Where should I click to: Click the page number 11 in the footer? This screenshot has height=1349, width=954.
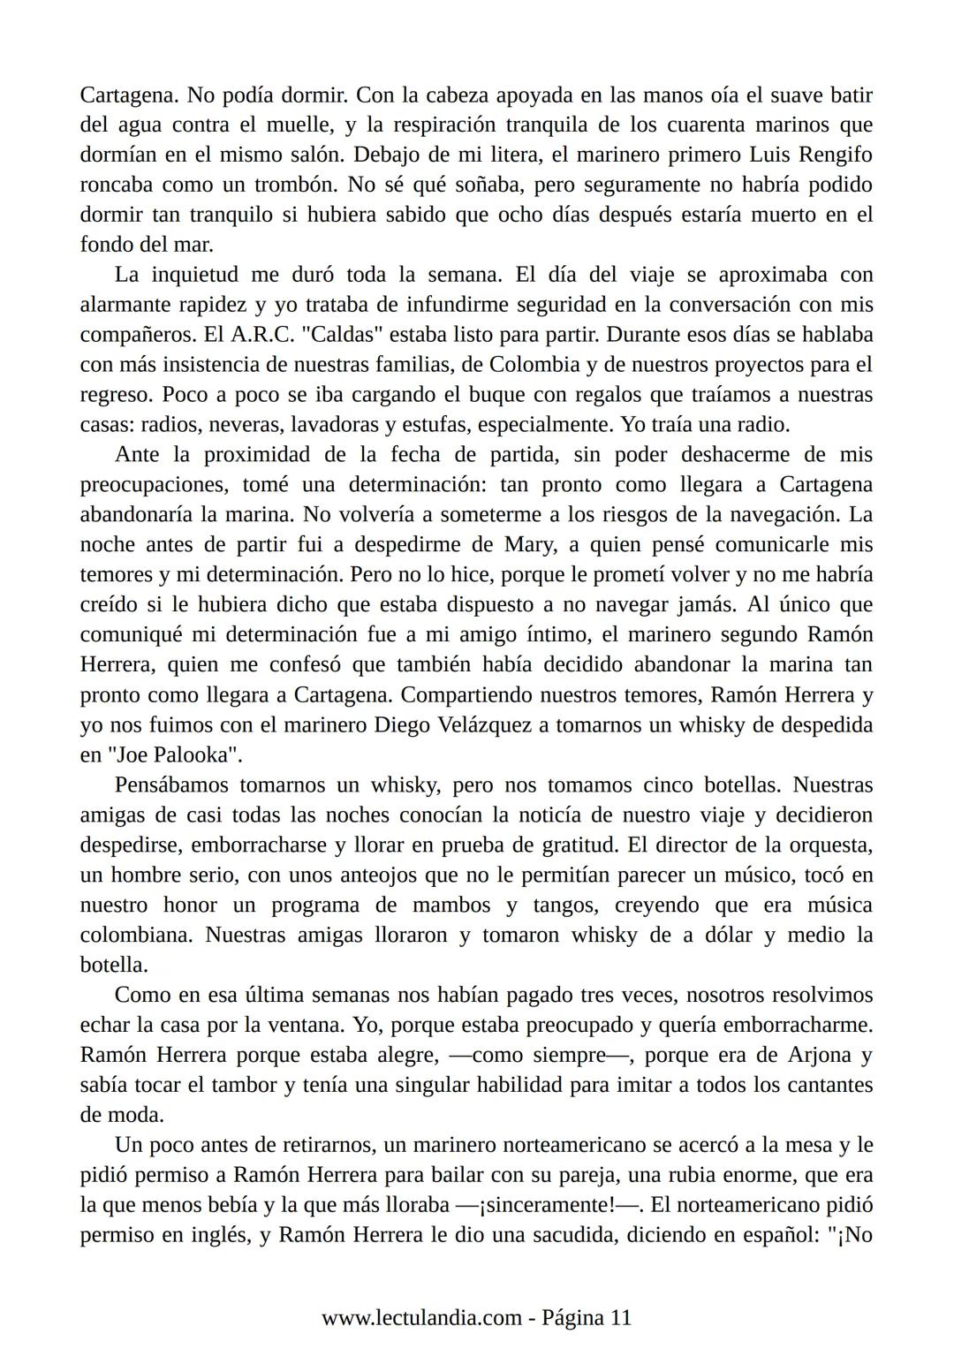[620, 1318]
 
